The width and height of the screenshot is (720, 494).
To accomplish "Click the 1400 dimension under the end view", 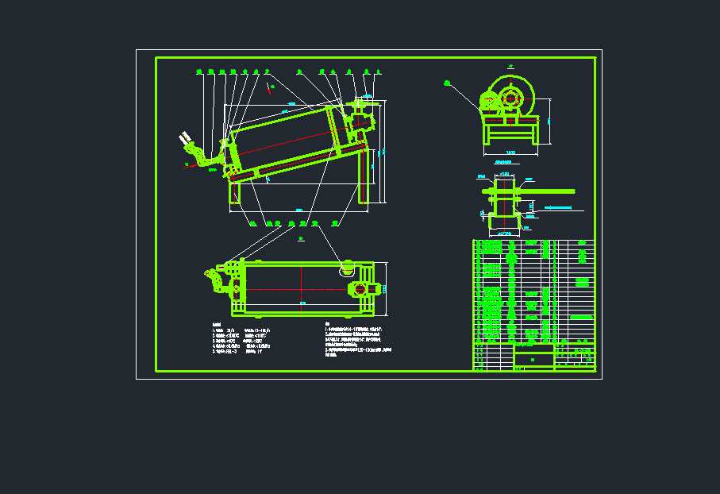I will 510,151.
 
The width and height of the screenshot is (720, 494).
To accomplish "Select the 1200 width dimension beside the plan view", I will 386,288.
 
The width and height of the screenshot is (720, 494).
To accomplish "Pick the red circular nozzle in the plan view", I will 360,288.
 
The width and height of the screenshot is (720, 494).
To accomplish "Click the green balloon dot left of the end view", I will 447,82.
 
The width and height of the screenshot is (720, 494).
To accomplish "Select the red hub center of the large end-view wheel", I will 510,99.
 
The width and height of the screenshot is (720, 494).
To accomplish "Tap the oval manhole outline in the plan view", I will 347,268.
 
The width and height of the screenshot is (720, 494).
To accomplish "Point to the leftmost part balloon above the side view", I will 198,72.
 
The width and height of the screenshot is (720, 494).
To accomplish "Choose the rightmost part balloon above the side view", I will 378,72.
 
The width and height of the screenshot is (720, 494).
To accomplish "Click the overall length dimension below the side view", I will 298,209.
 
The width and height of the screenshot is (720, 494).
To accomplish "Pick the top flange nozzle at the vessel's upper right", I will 364,102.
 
